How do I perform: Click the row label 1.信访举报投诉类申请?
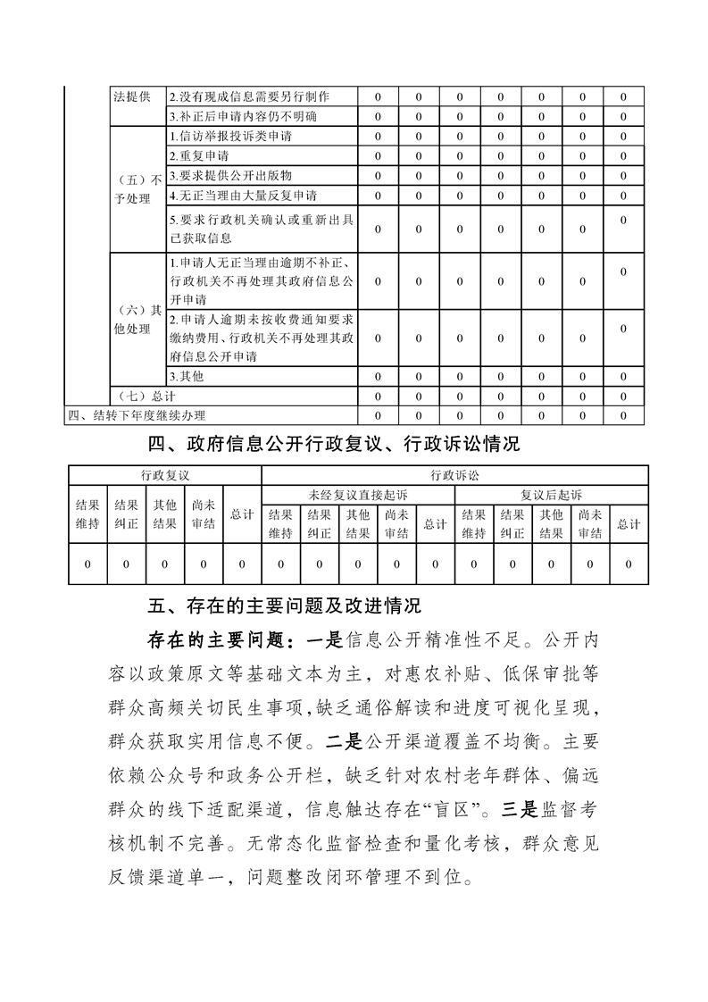230,137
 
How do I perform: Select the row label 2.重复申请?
198,156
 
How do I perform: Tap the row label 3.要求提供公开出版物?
229,175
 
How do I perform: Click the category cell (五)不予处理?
136,189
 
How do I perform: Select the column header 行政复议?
164,475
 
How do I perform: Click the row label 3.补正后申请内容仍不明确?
243,116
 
